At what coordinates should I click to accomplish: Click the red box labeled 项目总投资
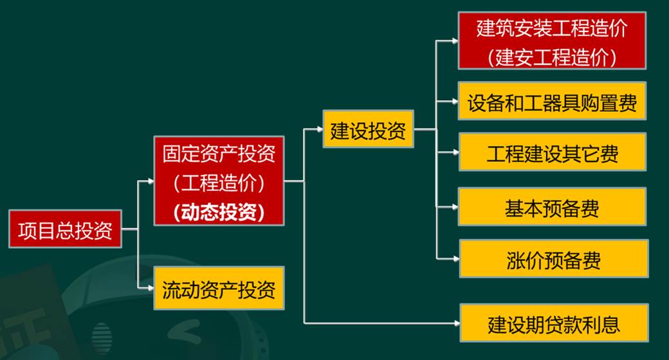65,229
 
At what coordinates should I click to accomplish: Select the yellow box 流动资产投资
219,289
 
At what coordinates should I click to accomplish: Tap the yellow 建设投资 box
368,129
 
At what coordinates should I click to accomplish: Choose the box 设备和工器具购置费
552,101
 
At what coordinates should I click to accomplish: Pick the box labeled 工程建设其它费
553,152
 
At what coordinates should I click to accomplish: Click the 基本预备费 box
552,206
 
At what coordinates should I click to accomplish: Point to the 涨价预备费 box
554,258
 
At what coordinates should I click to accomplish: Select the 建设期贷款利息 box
554,323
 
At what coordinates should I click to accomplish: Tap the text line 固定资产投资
219,154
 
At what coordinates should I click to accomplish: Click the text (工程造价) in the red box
219,183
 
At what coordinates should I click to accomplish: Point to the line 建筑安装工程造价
552,28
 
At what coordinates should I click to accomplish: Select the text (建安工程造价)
552,57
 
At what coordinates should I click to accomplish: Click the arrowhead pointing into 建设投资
320,129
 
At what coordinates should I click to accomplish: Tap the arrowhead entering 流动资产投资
151,289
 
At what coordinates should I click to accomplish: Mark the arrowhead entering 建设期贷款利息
457,323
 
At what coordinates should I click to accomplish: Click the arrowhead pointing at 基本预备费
455,207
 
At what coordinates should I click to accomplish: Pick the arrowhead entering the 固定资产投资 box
151,181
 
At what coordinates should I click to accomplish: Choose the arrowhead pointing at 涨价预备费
457,258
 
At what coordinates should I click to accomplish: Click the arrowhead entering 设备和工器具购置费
455,101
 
